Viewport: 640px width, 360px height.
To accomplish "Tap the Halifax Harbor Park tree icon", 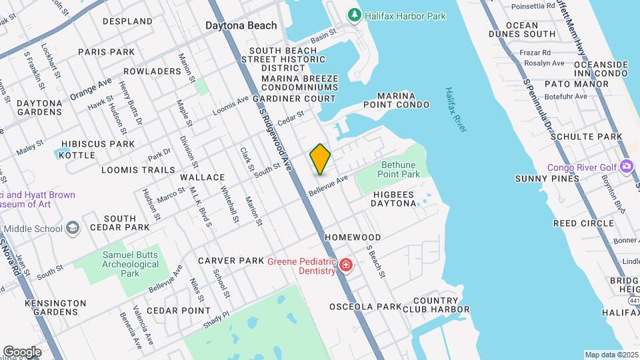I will (355, 15).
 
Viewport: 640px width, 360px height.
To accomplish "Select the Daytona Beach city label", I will (241, 26).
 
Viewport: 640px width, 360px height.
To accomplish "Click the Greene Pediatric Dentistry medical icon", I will (345, 266).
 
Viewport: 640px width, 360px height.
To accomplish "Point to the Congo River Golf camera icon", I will (626, 166).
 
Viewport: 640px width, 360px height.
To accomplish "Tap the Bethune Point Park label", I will (400, 169).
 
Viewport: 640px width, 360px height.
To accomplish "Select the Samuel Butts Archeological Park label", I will (131, 264).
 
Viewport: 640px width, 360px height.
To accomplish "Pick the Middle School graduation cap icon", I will (72, 229).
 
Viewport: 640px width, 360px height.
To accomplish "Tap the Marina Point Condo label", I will (396, 100).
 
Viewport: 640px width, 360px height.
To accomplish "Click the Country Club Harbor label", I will (436, 305).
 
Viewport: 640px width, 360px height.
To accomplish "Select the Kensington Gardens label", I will (56, 307).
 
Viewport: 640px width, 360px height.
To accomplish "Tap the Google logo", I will (22, 352).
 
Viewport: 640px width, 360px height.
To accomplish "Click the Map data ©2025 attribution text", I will (611, 355).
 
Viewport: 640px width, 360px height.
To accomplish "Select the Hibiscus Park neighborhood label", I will (98, 144).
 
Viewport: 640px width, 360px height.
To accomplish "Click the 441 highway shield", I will (633, 301).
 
